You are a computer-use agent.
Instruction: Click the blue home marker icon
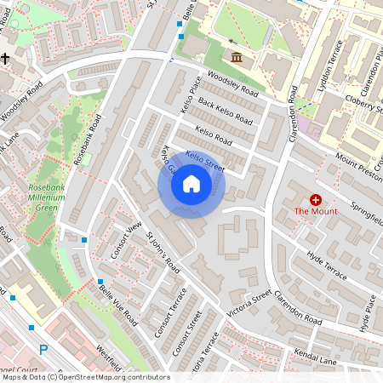click(x=191, y=184)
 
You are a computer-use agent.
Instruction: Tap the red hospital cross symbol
click(x=316, y=200)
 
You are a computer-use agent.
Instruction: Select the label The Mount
click(x=316, y=211)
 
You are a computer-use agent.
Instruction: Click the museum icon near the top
click(x=236, y=56)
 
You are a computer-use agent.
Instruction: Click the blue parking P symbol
click(x=43, y=349)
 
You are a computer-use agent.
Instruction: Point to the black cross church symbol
click(x=6, y=59)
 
